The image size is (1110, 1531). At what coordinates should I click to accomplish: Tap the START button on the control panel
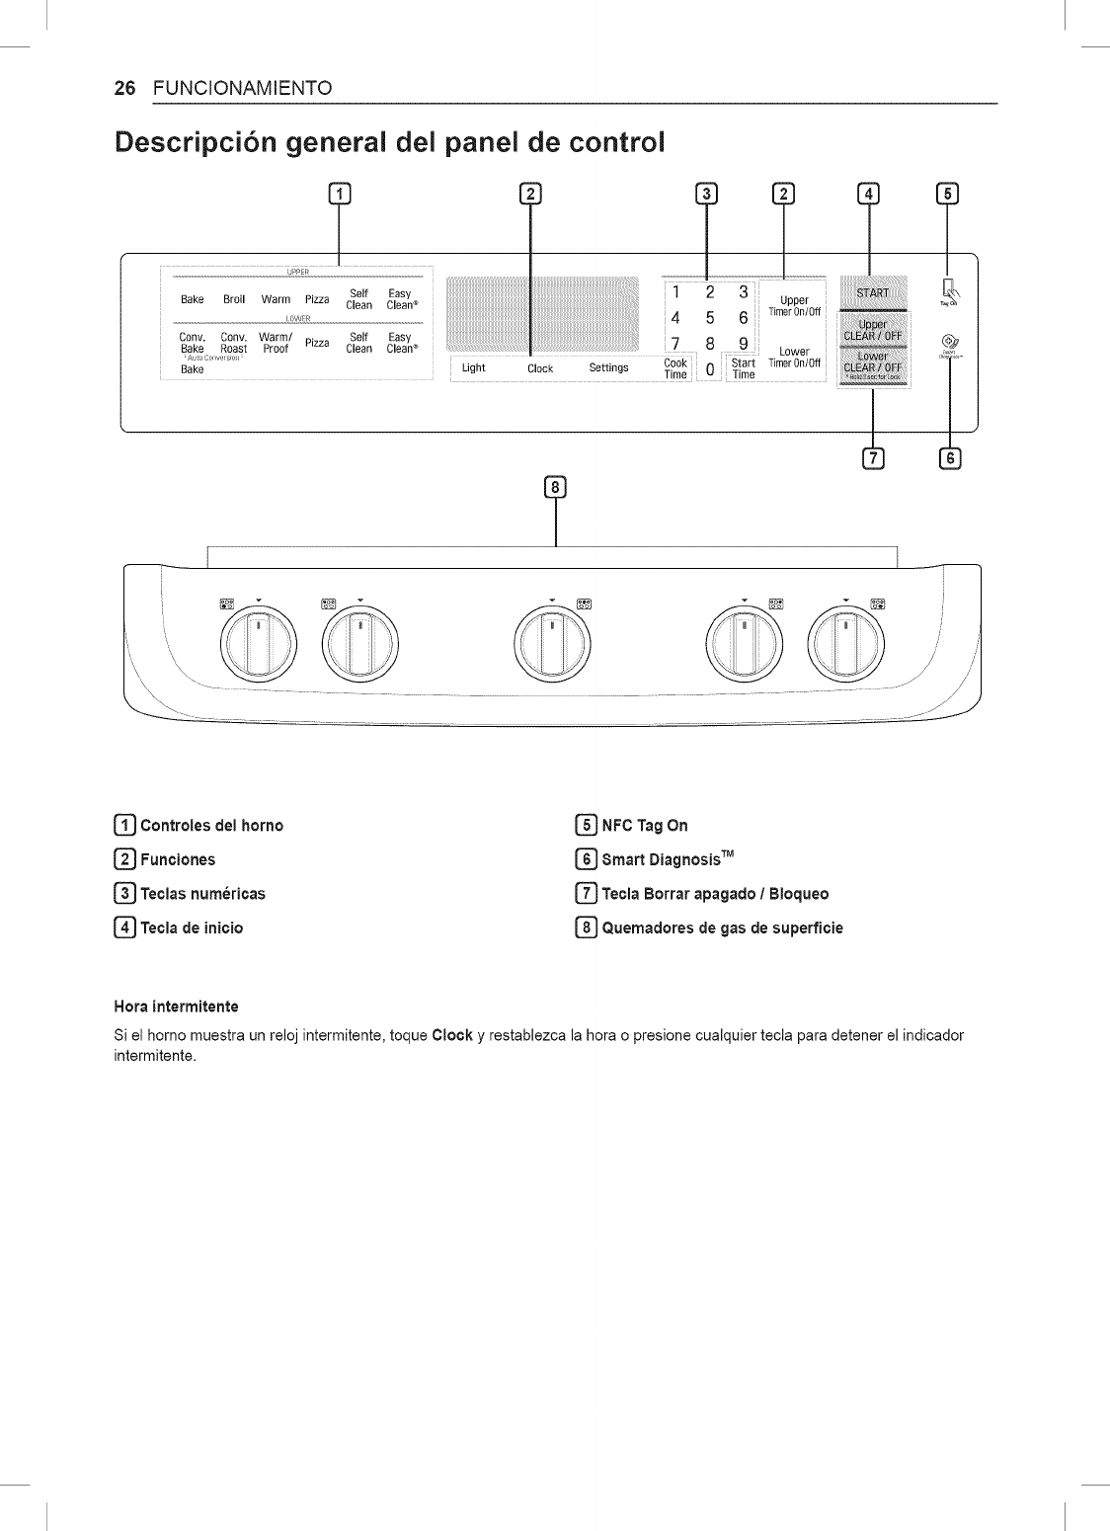point(872,292)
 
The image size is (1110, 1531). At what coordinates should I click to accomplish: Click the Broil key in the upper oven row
point(234,299)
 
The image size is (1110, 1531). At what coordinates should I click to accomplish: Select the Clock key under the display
point(540,368)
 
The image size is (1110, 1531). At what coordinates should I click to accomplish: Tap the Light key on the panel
point(474,368)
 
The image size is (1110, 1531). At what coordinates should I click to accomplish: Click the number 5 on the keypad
point(709,318)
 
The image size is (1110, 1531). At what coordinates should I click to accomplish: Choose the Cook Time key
point(675,368)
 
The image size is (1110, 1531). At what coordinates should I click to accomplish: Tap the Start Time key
point(743,368)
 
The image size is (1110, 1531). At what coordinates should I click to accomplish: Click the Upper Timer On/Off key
point(794,306)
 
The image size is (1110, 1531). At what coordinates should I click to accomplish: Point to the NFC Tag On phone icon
point(949,289)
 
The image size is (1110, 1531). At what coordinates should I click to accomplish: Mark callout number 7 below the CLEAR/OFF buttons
point(872,457)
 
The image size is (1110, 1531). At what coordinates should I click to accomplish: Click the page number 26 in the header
point(123,88)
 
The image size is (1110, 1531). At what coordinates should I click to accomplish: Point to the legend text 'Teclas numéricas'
point(203,894)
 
